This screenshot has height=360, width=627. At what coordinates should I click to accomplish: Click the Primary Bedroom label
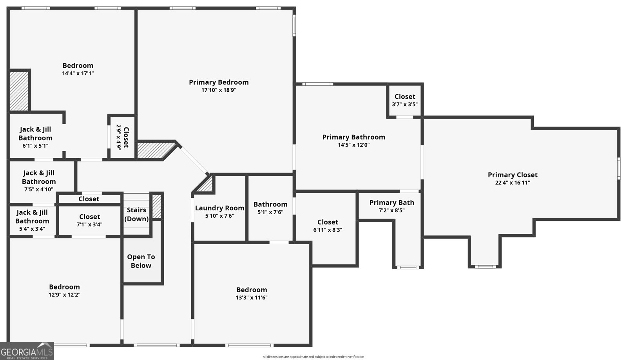tap(219, 82)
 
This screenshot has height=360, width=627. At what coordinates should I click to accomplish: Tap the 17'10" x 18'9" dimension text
tap(219, 90)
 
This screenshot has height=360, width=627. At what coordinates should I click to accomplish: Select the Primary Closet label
tap(513, 175)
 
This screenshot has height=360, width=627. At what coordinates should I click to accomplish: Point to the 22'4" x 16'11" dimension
tap(513, 183)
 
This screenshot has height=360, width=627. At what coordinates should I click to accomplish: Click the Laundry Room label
tap(219, 208)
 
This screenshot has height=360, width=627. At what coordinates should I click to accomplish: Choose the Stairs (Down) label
tap(136, 214)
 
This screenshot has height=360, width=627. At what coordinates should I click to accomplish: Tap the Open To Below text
tap(141, 261)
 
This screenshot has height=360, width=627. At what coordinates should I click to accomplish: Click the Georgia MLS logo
tap(27, 351)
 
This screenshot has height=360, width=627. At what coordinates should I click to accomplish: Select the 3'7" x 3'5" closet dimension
tap(404, 104)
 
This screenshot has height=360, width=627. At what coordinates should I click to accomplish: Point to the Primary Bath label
tap(391, 203)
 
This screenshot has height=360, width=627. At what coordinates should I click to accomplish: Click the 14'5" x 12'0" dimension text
tap(353, 145)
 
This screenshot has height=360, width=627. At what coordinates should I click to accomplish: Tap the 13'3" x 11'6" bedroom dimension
tap(251, 298)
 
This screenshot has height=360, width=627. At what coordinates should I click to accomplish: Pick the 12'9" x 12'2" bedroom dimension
tap(64, 295)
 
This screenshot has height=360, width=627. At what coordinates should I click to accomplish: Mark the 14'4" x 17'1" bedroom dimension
tap(78, 73)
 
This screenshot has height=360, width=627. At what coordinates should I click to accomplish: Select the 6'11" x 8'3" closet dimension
tap(328, 230)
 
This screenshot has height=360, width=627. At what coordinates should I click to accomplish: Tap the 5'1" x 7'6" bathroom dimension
tap(270, 212)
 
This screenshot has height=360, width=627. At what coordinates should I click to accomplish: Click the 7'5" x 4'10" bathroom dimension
tap(39, 189)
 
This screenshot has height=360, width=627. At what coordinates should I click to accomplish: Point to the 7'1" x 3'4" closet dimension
tap(89, 224)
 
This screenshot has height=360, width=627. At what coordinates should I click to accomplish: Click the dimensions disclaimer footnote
tap(313, 356)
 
